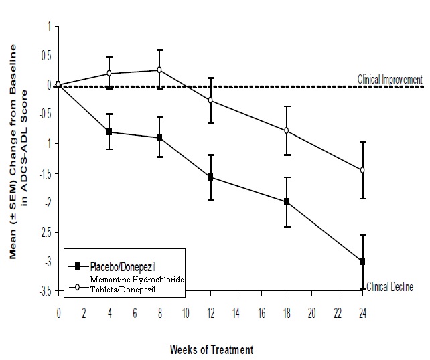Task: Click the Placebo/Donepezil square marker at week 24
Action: click(x=362, y=261)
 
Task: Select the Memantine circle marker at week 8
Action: click(x=159, y=70)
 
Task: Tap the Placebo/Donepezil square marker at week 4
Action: click(x=109, y=132)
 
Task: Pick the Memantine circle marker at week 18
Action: click(x=287, y=130)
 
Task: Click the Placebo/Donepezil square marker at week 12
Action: click(x=210, y=177)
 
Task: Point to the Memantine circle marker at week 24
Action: click(x=362, y=170)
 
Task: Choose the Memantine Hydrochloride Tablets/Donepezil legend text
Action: click(x=128, y=283)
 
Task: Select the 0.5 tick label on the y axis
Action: click(x=46, y=56)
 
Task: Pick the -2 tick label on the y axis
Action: click(x=48, y=203)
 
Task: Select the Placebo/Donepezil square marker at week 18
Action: click(x=287, y=201)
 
